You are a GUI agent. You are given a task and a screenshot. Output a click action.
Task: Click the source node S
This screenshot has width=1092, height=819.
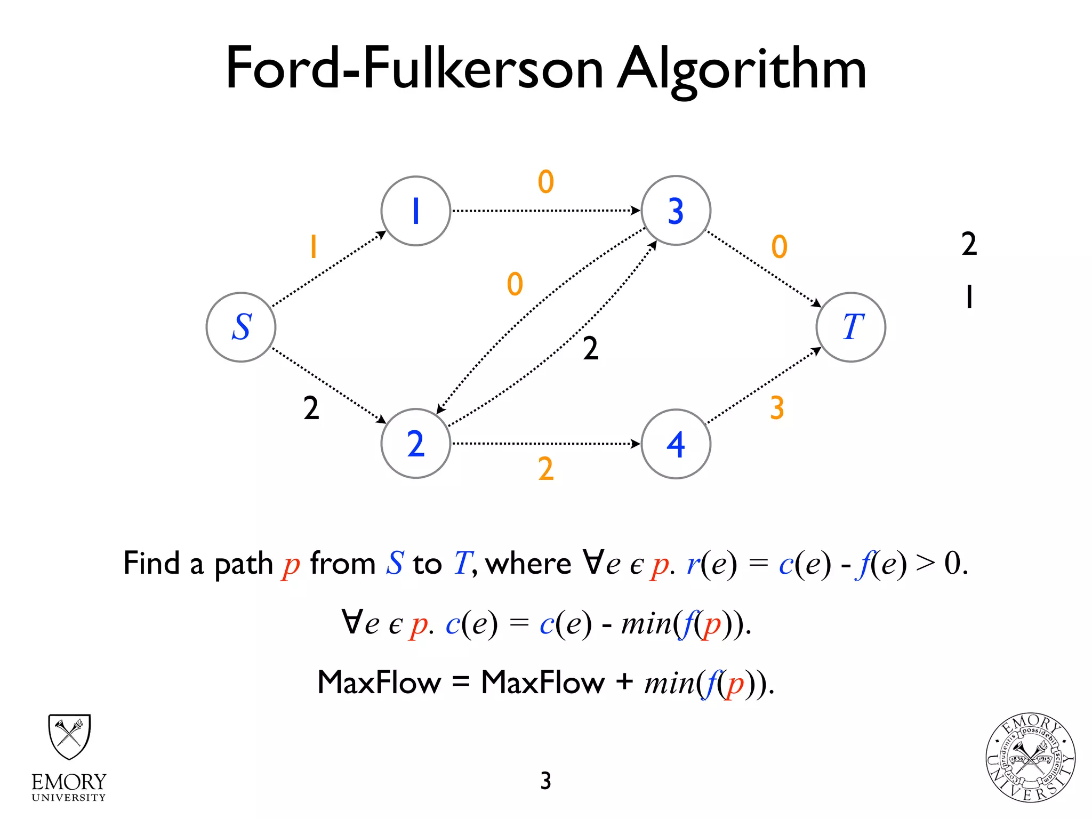pyautogui.click(x=241, y=327)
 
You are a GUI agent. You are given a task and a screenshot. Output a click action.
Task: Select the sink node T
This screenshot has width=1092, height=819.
pyautogui.click(x=851, y=327)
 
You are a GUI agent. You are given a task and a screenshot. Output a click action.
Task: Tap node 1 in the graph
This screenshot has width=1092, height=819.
pyautogui.click(x=416, y=211)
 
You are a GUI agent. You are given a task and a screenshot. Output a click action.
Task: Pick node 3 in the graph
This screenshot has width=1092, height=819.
pyautogui.click(x=676, y=211)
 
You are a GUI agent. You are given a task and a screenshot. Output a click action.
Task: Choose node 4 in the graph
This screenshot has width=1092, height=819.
pyautogui.click(x=676, y=444)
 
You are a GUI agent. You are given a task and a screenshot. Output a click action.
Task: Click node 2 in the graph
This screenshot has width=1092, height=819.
pyautogui.click(x=416, y=444)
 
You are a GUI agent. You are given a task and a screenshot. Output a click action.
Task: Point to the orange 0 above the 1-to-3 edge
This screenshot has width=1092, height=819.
pyautogui.click(x=545, y=182)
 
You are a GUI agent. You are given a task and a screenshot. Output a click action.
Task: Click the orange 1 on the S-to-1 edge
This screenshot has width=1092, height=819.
pyautogui.click(x=314, y=246)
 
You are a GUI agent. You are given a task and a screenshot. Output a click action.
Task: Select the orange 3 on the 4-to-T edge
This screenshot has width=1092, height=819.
pyautogui.click(x=777, y=408)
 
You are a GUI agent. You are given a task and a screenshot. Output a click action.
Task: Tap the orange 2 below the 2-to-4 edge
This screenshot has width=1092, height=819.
pyautogui.click(x=545, y=469)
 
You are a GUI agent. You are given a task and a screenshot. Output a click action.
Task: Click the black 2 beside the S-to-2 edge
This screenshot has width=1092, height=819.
pyautogui.click(x=311, y=408)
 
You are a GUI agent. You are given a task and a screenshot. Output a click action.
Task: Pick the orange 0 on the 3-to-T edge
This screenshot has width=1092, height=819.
pyautogui.click(x=779, y=247)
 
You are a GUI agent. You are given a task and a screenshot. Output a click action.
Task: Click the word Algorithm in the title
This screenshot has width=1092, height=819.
pyautogui.click(x=741, y=69)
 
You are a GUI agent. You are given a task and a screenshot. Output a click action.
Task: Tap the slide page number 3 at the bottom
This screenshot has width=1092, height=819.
pyautogui.click(x=545, y=781)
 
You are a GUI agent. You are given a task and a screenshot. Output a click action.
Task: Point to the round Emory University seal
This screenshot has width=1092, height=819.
pyautogui.click(x=1030, y=757)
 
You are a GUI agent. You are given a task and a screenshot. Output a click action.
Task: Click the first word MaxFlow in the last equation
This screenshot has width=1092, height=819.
pyautogui.click(x=379, y=682)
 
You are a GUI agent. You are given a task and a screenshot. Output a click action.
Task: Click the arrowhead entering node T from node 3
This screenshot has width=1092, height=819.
pyautogui.click(x=817, y=303)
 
